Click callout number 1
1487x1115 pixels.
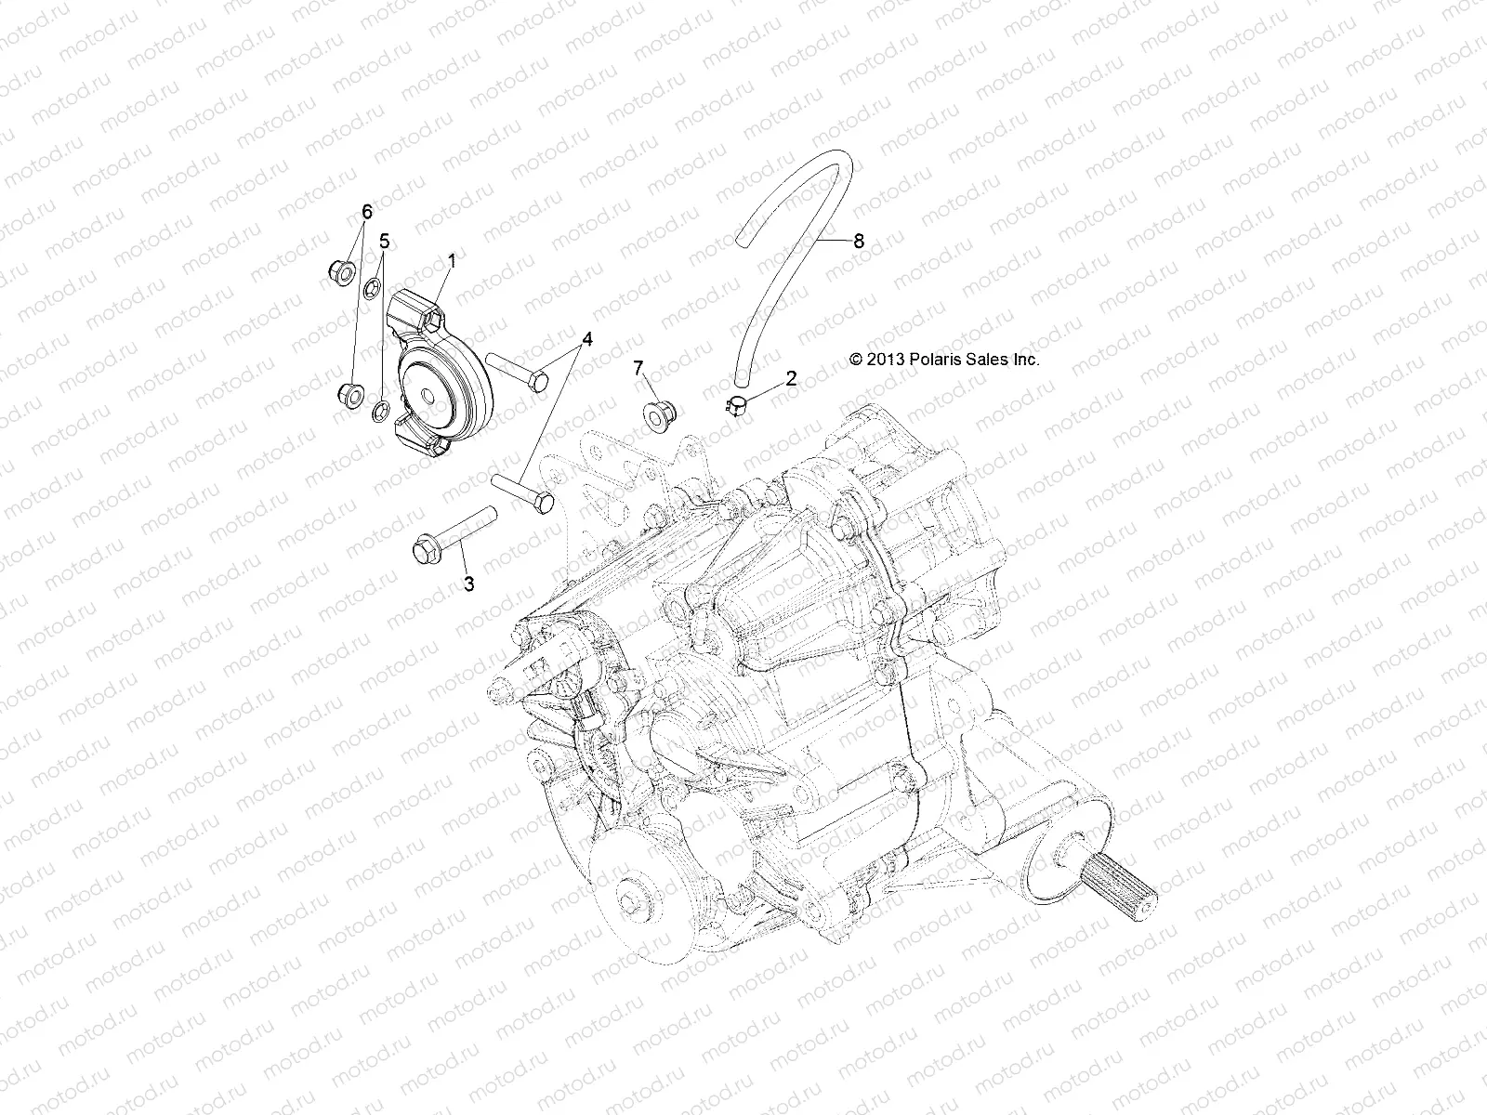coord(452,262)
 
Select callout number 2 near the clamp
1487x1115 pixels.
coord(791,378)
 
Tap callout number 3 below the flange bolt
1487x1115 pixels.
coord(469,584)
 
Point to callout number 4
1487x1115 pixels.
coord(586,338)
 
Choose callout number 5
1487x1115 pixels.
coord(384,241)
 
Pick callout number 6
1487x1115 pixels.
coord(366,213)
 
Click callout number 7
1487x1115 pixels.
coord(665,369)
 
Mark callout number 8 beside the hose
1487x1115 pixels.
coord(858,241)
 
